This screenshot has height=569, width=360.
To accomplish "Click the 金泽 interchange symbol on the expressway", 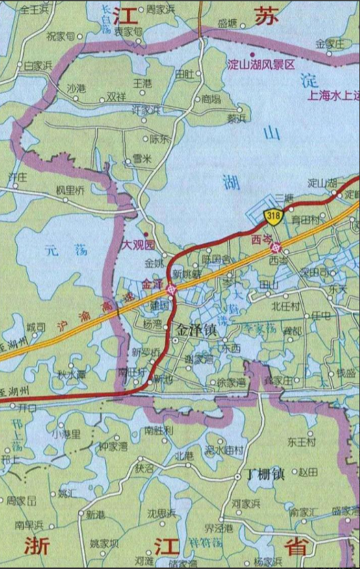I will click(x=171, y=288).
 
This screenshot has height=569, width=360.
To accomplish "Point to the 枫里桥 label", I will click(x=70, y=190).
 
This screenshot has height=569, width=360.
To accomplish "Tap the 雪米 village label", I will click(x=141, y=158).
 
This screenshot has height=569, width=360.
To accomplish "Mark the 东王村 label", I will click(x=302, y=442).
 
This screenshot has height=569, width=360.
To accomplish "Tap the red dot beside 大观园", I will click(x=146, y=234).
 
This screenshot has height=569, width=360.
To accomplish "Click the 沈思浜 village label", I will click(x=161, y=512).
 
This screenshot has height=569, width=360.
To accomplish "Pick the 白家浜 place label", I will click(x=38, y=65).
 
